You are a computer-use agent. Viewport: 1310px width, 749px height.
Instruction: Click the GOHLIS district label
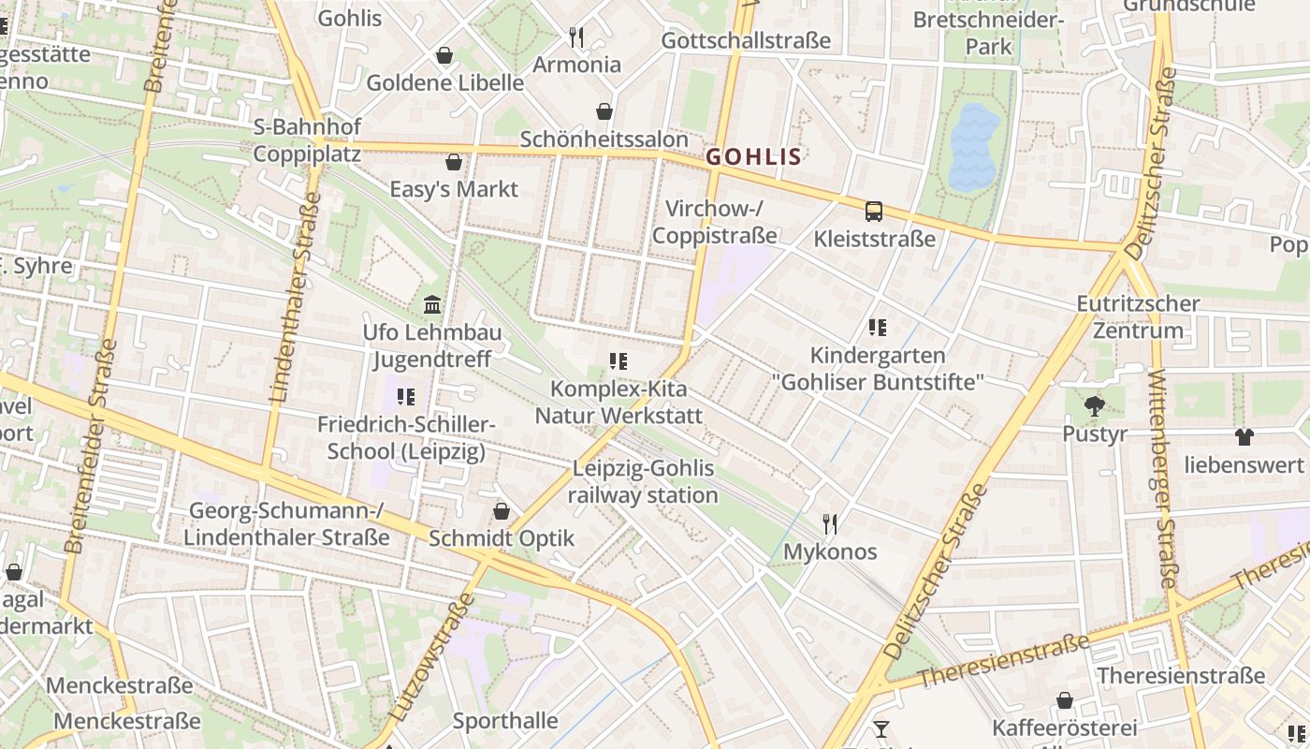click(x=753, y=156)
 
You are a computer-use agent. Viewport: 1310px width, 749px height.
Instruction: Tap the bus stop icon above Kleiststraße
click(x=873, y=212)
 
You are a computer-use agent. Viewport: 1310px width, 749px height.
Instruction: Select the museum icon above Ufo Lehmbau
click(x=432, y=304)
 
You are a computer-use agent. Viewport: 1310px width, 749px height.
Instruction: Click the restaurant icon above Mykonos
click(x=829, y=523)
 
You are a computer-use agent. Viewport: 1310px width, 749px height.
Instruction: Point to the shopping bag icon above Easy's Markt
click(x=454, y=162)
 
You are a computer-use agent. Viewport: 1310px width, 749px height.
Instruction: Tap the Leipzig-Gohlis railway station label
click(x=643, y=482)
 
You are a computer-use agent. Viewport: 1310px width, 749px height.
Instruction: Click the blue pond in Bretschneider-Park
click(x=974, y=145)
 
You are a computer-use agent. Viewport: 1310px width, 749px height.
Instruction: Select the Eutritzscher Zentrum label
click(x=1138, y=317)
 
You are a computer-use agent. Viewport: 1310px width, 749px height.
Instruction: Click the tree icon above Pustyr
click(x=1094, y=406)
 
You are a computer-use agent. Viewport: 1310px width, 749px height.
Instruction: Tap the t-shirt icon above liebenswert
click(x=1244, y=436)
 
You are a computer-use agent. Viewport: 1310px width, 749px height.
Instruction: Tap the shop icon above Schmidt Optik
click(x=502, y=511)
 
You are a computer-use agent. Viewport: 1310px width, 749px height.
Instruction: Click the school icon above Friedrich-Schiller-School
click(x=405, y=397)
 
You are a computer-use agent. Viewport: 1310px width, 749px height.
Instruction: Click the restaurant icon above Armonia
click(x=576, y=37)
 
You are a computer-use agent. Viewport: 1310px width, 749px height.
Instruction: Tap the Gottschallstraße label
click(x=746, y=40)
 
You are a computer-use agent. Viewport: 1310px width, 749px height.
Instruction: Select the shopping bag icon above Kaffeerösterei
click(x=1064, y=700)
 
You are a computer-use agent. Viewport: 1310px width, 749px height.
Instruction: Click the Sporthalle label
click(x=505, y=721)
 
